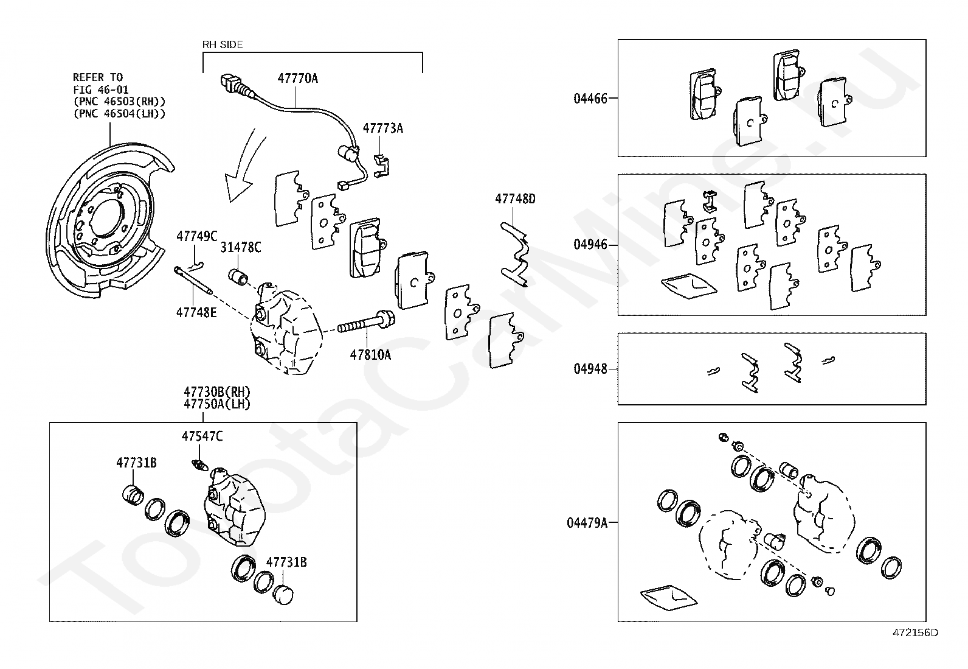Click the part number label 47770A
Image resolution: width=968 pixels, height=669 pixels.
coord(297,79)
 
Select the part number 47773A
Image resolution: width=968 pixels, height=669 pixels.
coord(382,128)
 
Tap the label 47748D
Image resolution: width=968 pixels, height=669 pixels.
coord(514,199)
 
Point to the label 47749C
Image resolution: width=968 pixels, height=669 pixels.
coord(196,236)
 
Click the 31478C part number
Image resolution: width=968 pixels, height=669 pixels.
coord(240,247)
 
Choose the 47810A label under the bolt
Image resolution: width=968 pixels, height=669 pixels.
coord(370,354)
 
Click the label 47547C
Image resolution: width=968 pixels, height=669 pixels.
coord(202,436)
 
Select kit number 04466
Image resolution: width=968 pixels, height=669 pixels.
coord(590,98)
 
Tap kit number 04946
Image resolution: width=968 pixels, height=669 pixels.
coord(590,245)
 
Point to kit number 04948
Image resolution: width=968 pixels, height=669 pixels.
coord(590,369)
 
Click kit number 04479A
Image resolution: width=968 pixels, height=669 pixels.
coord(587,522)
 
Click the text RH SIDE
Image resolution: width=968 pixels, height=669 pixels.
coord(222,44)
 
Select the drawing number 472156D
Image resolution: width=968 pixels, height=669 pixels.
coord(914,632)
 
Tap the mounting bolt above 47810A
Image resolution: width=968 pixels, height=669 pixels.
coord(365,324)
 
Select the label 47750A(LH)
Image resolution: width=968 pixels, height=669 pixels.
coord(216,403)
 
